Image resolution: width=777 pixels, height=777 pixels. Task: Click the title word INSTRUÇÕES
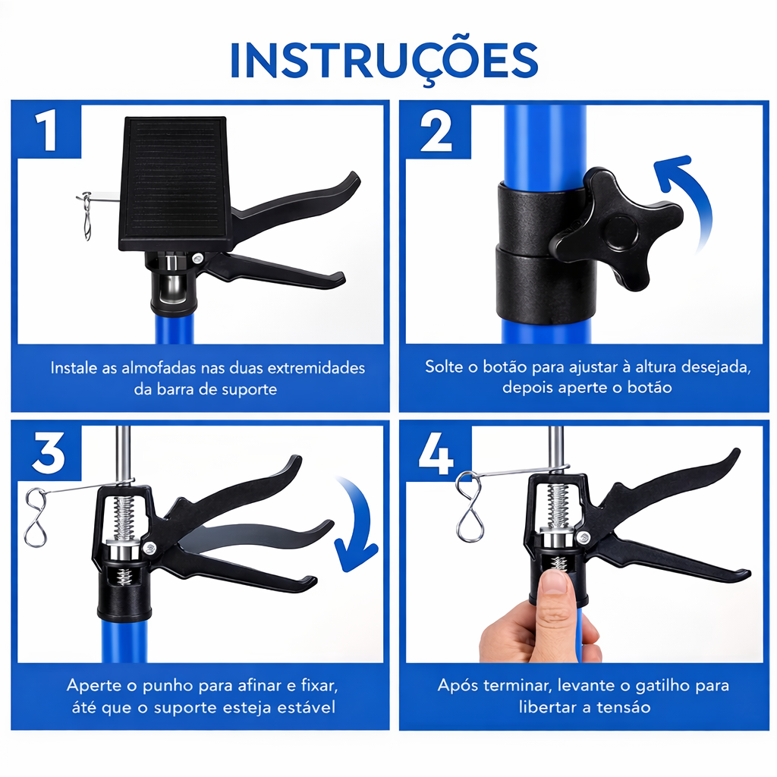pyautogui.click(x=384, y=61)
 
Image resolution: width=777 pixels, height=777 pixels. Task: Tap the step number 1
pyautogui.click(x=48, y=131)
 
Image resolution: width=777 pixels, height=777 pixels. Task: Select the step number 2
pyautogui.click(x=436, y=131)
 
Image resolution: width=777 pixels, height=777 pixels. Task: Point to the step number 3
pyautogui.click(x=48, y=453)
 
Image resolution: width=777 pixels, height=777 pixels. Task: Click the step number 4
pyautogui.click(x=436, y=453)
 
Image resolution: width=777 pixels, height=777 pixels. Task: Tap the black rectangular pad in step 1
pyautogui.click(x=175, y=184)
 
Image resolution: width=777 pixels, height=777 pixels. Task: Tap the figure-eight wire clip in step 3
pyautogui.click(x=36, y=517)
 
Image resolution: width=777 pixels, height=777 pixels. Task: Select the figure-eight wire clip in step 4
pyautogui.click(x=469, y=506)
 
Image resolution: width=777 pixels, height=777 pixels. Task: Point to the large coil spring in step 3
pyautogui.click(x=124, y=517)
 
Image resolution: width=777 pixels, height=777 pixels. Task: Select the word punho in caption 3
pyautogui.click(x=168, y=686)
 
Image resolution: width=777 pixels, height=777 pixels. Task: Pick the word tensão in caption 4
pyautogui.click(x=624, y=707)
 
